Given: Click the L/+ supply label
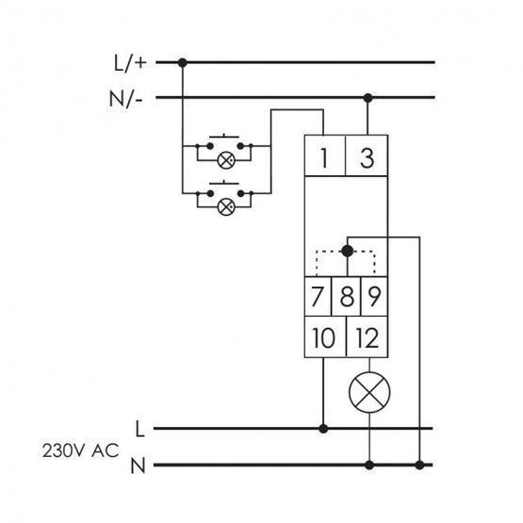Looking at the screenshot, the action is [130, 63].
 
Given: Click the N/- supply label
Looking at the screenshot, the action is [126, 99].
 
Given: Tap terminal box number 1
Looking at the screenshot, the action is [325, 155].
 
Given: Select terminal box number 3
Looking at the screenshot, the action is [367, 155].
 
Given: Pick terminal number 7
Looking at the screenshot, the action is [318, 296].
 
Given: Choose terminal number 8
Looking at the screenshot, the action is [347, 296].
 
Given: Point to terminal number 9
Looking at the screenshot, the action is [374, 296].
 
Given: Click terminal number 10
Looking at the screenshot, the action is [325, 336].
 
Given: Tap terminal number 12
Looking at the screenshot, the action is [368, 336].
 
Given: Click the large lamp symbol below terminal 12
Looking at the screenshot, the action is [369, 393].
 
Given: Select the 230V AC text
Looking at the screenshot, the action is [80, 451].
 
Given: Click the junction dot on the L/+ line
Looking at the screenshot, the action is [182, 62].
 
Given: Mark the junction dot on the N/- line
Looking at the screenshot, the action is [368, 98].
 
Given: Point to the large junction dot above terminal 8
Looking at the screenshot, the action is [347, 251].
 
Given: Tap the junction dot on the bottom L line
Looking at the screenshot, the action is [323, 429].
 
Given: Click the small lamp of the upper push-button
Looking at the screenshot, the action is [226, 160].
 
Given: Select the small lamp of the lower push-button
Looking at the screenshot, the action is [226, 207].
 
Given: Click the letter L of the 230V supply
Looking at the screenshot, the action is [139, 429].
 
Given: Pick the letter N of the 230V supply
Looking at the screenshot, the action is [138, 466].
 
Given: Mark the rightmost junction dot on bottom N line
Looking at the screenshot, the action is [419, 465].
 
